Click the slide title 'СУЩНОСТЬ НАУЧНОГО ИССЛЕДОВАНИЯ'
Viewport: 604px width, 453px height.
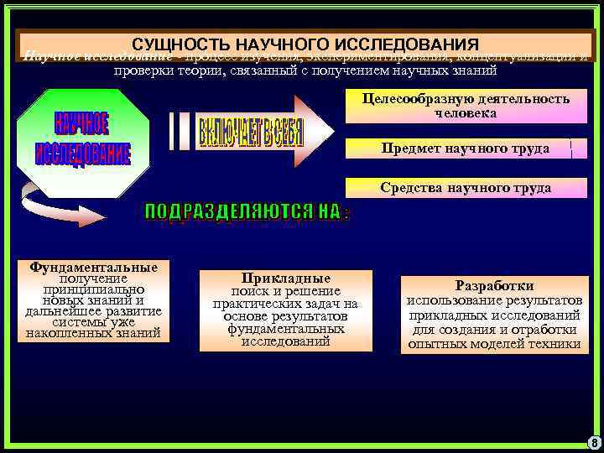click(x=305, y=44)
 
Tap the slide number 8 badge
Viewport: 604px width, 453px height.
click(x=593, y=442)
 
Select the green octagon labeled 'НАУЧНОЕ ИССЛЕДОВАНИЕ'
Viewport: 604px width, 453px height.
click(x=82, y=139)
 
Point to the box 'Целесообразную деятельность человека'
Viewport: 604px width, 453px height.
click(x=466, y=106)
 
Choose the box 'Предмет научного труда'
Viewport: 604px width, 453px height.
click(x=466, y=148)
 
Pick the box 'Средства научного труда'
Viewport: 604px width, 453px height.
click(x=466, y=188)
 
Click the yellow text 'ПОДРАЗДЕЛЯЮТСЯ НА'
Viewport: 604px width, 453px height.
click(x=247, y=212)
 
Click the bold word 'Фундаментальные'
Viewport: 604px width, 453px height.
click(x=93, y=268)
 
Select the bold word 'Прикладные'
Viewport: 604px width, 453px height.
click(x=285, y=278)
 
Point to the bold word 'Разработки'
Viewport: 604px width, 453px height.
click(x=494, y=285)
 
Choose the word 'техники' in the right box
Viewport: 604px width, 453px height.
click(x=553, y=344)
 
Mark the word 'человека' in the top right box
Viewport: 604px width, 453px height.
click(x=466, y=112)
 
